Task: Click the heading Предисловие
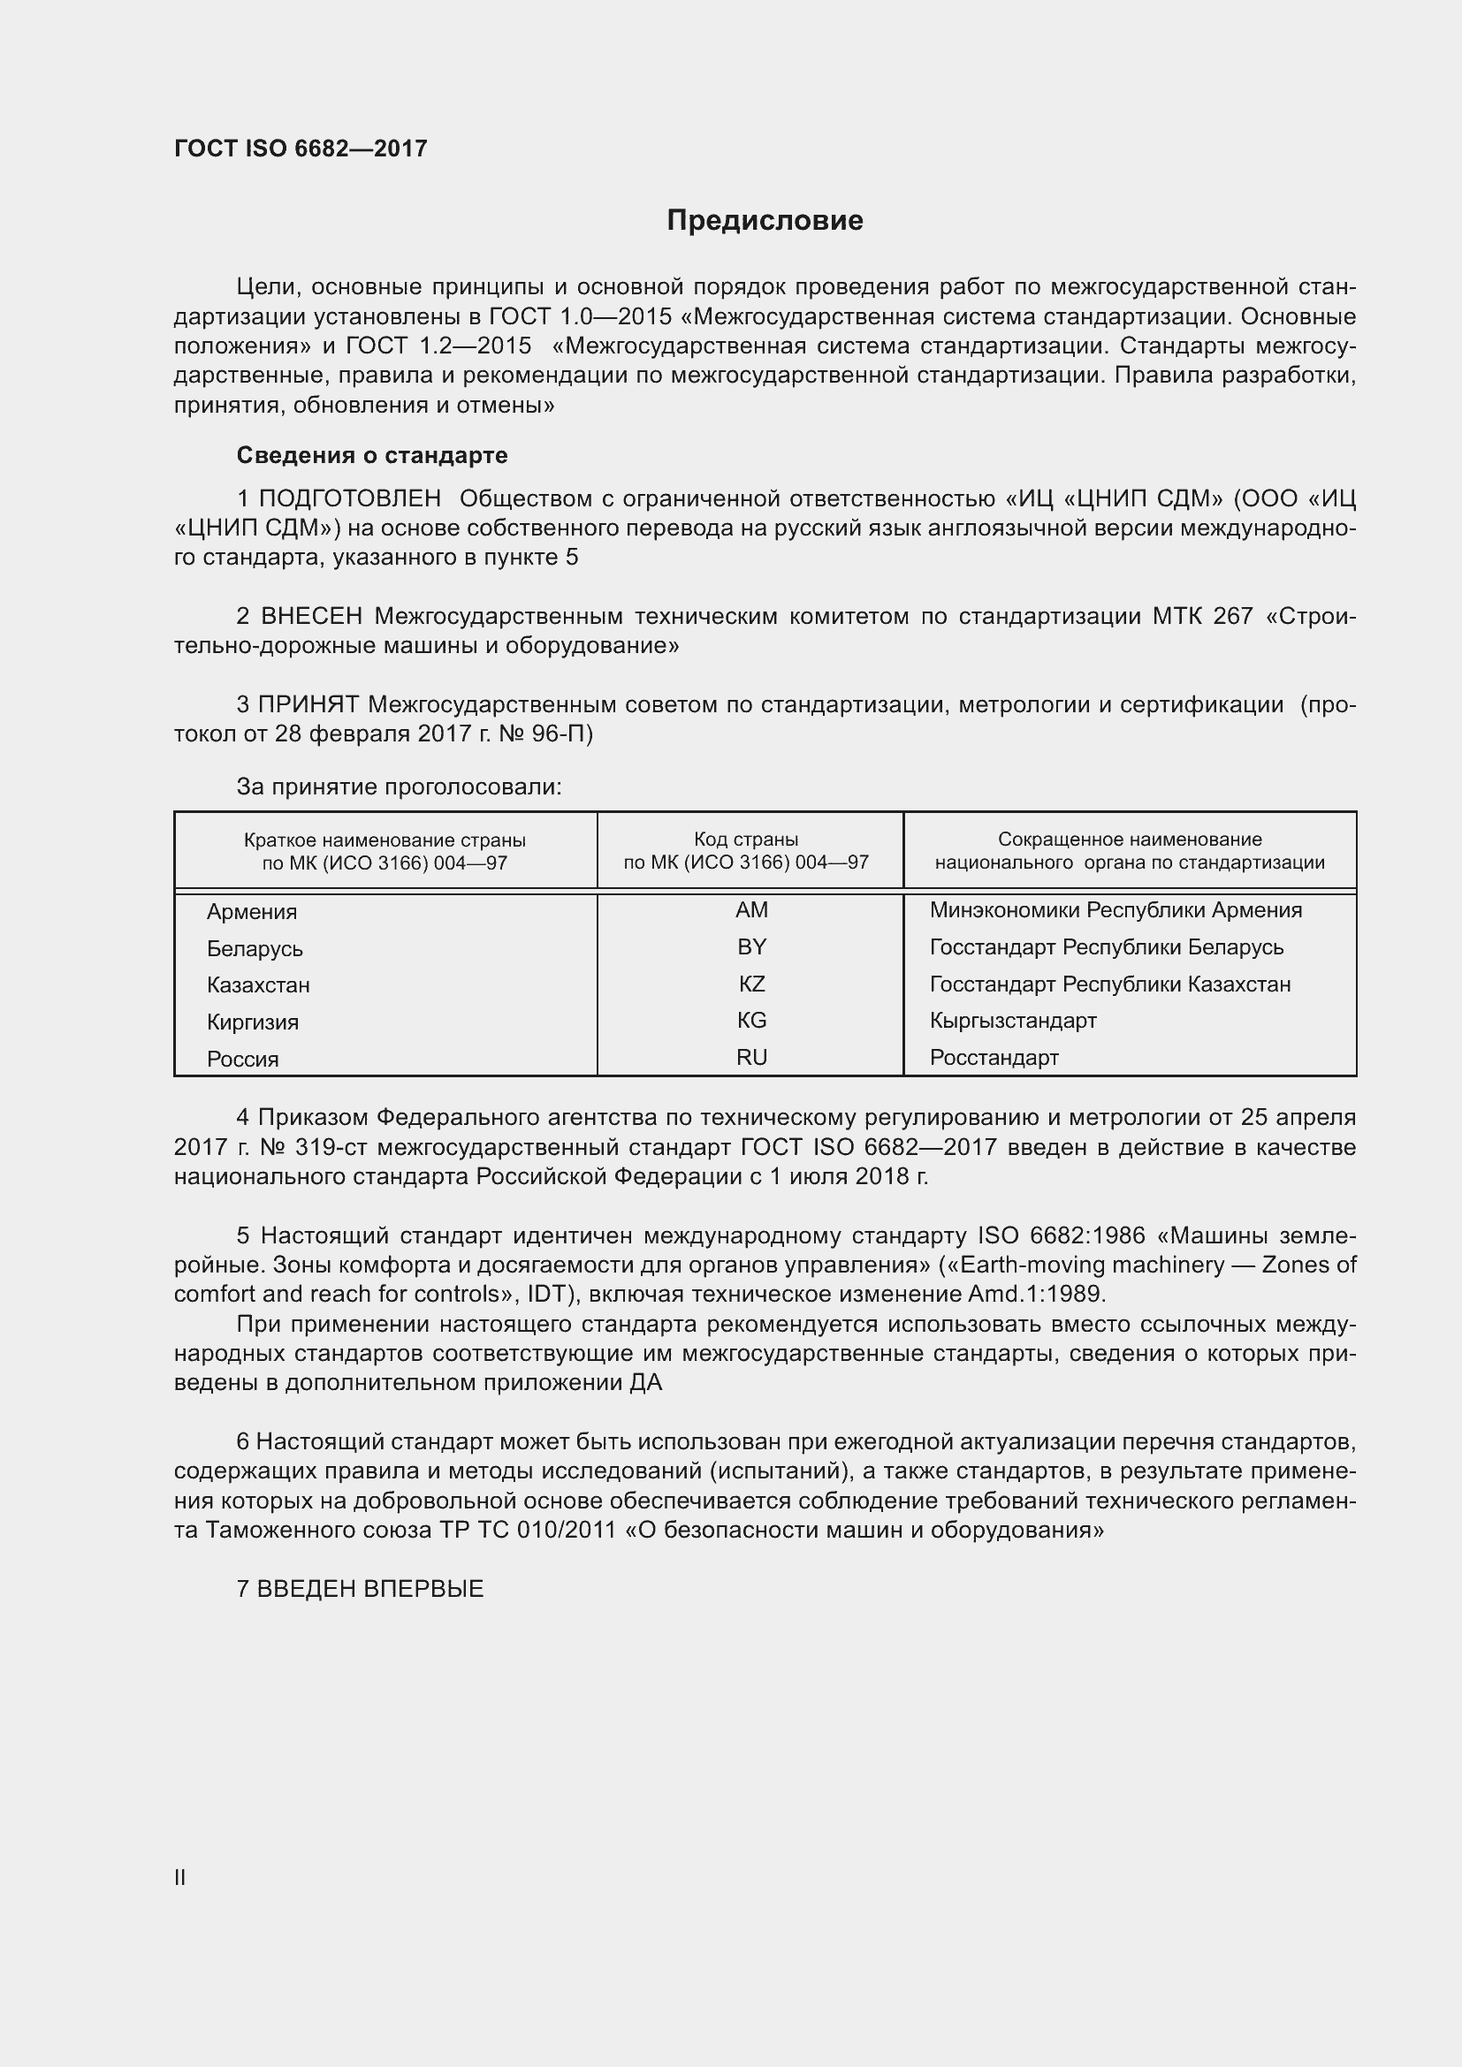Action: [x=765, y=221]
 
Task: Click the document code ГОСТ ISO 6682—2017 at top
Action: [x=301, y=148]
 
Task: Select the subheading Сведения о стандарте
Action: [x=372, y=455]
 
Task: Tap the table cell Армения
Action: [x=252, y=911]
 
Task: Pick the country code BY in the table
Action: [x=750, y=947]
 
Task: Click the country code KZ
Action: [x=750, y=984]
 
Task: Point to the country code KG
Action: [x=750, y=1020]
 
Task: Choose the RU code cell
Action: [x=750, y=1057]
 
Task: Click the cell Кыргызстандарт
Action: [x=1013, y=1020]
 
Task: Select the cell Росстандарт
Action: [x=994, y=1057]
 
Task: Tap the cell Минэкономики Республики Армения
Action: [x=1116, y=910]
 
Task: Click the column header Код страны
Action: [x=745, y=840]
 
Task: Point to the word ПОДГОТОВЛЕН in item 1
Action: [x=350, y=498]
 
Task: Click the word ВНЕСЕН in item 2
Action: [x=311, y=617]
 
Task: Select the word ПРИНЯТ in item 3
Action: [x=308, y=705]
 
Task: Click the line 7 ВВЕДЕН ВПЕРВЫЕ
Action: [x=360, y=1589]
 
